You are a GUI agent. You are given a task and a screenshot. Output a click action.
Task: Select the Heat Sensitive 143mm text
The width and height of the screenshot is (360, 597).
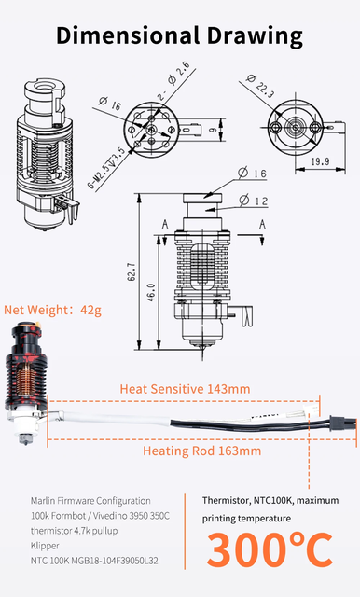[x=186, y=389]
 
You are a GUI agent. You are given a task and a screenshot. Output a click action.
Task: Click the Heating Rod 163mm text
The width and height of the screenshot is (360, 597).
[x=202, y=451]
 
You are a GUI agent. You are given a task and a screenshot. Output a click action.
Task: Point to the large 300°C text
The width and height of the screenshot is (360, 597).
[x=270, y=549]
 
